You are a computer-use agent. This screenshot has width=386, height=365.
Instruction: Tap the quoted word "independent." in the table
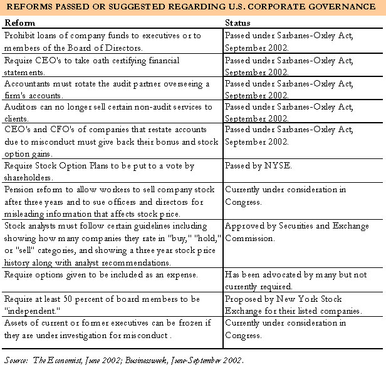[32, 311]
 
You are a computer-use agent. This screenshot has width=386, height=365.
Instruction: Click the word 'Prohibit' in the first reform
[19, 36]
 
